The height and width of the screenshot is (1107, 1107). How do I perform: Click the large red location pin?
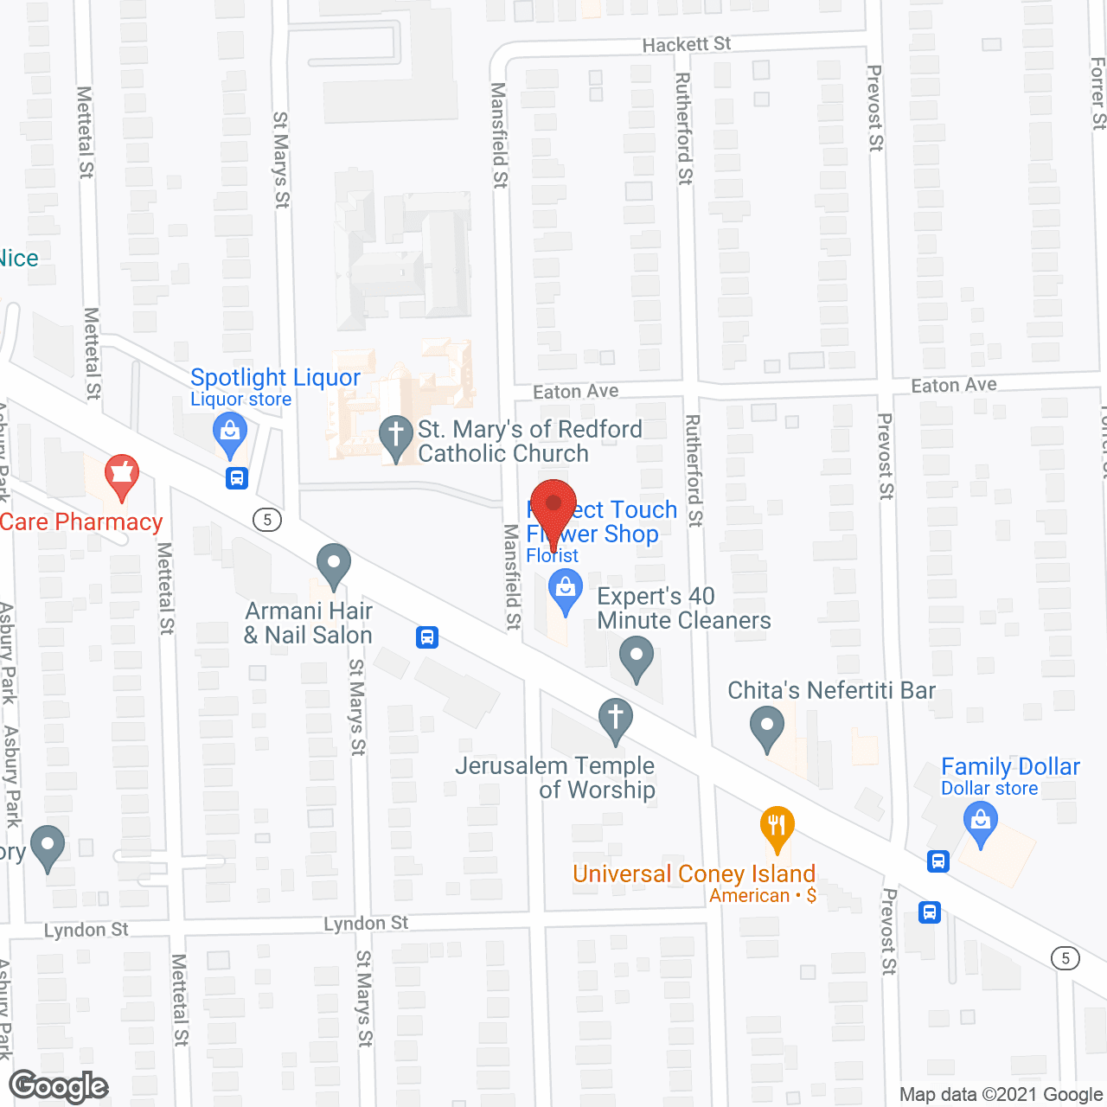pyautogui.click(x=553, y=506)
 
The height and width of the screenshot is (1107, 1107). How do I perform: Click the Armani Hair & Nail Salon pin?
pyautogui.click(x=333, y=565)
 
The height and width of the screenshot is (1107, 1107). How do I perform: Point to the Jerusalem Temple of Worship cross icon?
pyautogui.click(x=616, y=720)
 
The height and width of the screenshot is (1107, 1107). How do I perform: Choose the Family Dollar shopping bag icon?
pyautogui.click(x=981, y=822)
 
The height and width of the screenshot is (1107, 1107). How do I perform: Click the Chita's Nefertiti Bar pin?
pyautogui.click(x=767, y=727)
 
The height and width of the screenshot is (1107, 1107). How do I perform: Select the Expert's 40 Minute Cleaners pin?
pyautogui.click(x=637, y=657)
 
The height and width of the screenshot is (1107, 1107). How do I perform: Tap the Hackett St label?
pyautogui.click(x=686, y=44)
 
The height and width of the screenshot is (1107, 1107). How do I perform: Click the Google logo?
pyautogui.click(x=59, y=1086)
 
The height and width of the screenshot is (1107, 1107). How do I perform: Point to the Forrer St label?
pyautogui.click(x=1097, y=93)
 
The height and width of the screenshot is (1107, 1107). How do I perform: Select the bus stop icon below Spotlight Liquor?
pyautogui.click(x=237, y=477)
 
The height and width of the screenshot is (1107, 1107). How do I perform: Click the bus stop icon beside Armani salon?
pyautogui.click(x=426, y=637)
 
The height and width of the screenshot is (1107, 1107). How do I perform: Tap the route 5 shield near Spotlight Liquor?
pyautogui.click(x=267, y=520)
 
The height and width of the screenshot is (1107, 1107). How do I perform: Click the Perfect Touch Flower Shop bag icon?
pyautogui.click(x=566, y=594)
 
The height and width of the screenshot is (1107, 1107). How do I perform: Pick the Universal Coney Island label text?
pyautogui.click(x=694, y=873)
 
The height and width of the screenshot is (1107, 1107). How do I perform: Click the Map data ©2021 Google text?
pyautogui.click(x=1001, y=1095)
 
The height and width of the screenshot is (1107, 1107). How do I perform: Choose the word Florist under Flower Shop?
pyautogui.click(x=552, y=556)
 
